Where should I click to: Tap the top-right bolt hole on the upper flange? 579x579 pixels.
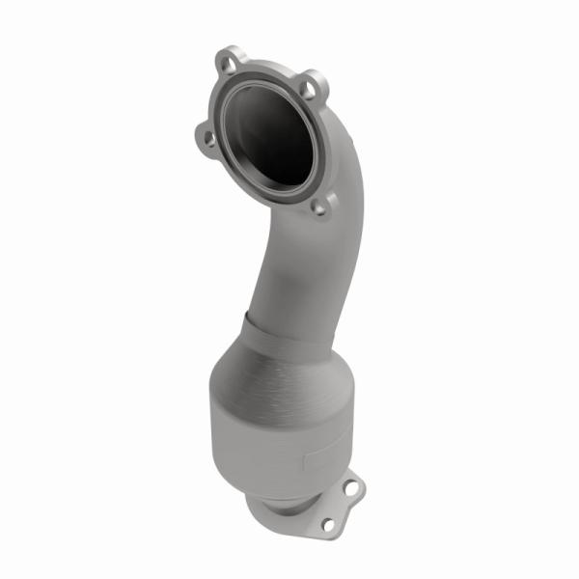306,88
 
